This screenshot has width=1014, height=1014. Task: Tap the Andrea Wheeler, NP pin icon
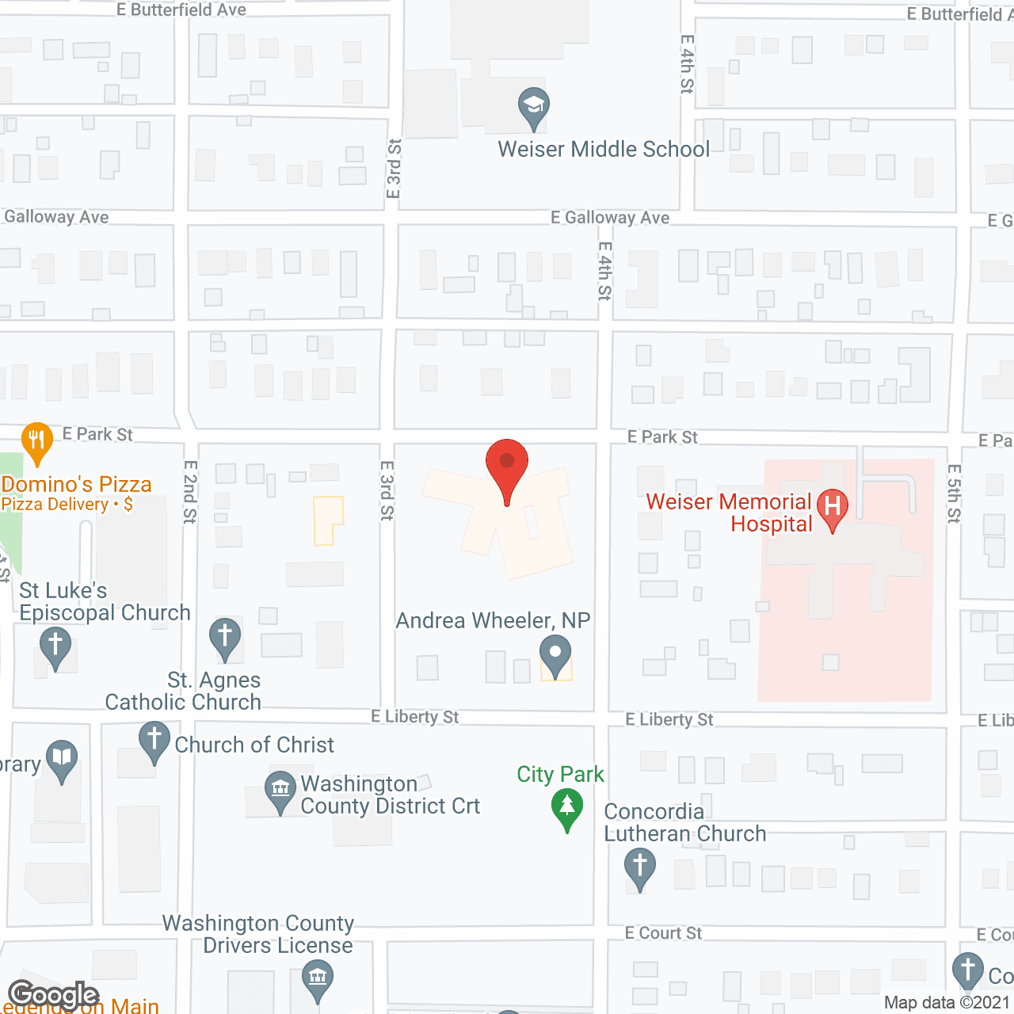click(555, 654)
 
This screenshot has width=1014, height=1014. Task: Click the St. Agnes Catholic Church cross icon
click(225, 636)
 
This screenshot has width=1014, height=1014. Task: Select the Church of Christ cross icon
click(154, 741)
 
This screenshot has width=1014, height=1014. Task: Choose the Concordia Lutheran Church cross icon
click(640, 866)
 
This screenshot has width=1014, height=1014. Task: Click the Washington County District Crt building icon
click(280, 790)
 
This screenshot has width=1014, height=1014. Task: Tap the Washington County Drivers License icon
click(318, 978)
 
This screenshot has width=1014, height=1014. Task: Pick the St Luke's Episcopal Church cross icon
click(55, 645)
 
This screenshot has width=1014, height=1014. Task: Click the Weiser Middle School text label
click(604, 149)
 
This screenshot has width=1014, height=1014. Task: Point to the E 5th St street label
click(955, 494)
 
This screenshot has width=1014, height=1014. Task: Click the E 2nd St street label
click(190, 492)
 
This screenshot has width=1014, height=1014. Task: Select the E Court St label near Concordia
click(663, 933)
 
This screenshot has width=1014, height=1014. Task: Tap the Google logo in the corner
click(54, 995)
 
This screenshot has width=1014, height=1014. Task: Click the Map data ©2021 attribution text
click(947, 1002)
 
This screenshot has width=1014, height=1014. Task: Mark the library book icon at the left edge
click(62, 758)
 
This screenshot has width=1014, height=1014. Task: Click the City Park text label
click(560, 774)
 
